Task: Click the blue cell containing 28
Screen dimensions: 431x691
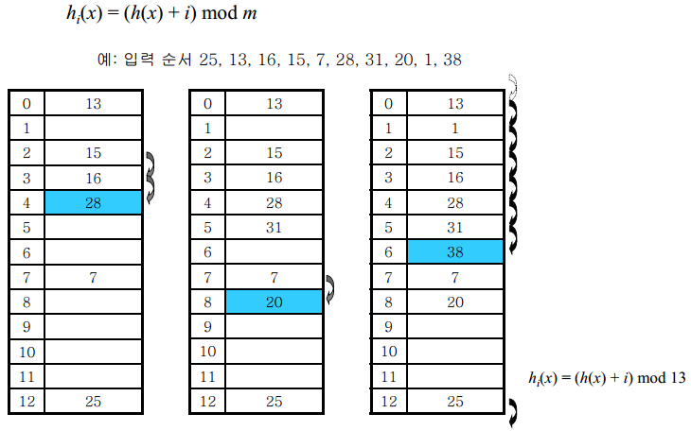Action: [x=93, y=201]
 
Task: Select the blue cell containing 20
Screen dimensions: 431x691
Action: [x=274, y=302]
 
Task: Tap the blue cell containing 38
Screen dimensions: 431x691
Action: [x=455, y=251]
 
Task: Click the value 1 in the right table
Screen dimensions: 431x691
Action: [x=455, y=128]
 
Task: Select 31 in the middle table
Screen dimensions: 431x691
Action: [x=274, y=227]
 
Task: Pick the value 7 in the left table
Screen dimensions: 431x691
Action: [x=93, y=276]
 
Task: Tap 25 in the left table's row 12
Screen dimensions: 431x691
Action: [x=93, y=401]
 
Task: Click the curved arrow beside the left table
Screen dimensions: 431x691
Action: [x=151, y=176]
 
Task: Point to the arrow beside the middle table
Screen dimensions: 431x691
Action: [x=330, y=289]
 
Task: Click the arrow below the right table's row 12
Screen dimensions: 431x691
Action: [x=512, y=412]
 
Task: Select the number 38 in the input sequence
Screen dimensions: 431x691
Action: [x=452, y=60]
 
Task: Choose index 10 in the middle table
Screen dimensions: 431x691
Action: [x=207, y=351]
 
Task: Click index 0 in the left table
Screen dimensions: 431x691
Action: [x=27, y=103]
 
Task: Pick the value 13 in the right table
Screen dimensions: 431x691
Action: [x=455, y=103]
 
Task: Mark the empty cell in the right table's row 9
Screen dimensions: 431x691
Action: [x=455, y=326]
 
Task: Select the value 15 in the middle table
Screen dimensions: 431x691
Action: [x=274, y=152]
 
